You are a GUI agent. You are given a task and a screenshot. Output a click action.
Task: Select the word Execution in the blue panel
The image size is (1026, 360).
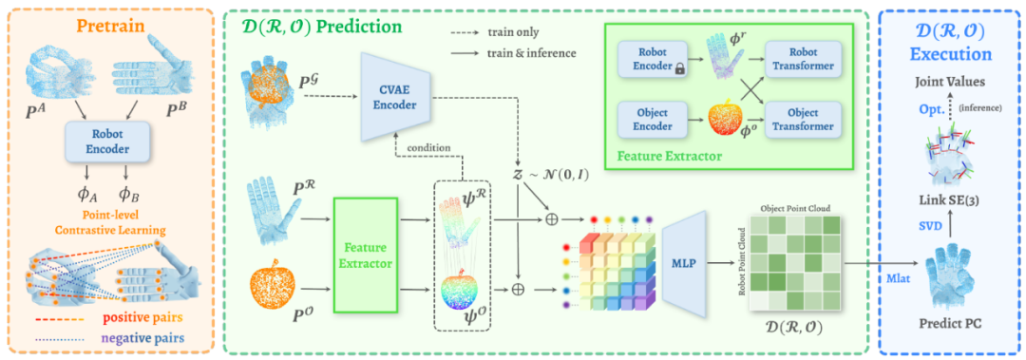tap(951, 54)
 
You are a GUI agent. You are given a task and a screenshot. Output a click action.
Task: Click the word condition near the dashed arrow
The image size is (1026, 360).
tap(430, 147)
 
